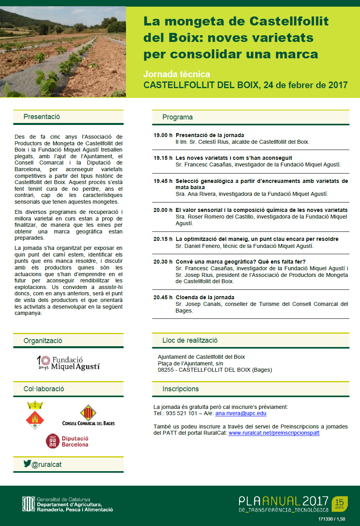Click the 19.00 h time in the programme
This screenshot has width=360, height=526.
(163, 135)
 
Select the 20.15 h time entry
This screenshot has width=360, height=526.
(163, 239)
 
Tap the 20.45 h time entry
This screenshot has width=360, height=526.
(163, 297)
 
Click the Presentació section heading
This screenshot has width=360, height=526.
(41, 117)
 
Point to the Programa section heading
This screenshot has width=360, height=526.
(177, 117)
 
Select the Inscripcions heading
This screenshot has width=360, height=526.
(180, 389)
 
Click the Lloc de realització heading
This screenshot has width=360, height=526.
(190, 340)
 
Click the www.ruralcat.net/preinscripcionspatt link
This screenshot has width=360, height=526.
(274, 433)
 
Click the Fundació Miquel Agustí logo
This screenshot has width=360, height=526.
(68, 363)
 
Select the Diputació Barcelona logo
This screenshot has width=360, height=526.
(67, 441)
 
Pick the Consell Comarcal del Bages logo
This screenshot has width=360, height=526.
(88, 415)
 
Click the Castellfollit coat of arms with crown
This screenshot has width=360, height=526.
(35, 415)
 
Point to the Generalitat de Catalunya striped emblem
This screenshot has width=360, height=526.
(28, 504)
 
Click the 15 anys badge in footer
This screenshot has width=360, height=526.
(340, 503)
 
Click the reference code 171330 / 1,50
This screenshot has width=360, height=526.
(331, 519)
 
